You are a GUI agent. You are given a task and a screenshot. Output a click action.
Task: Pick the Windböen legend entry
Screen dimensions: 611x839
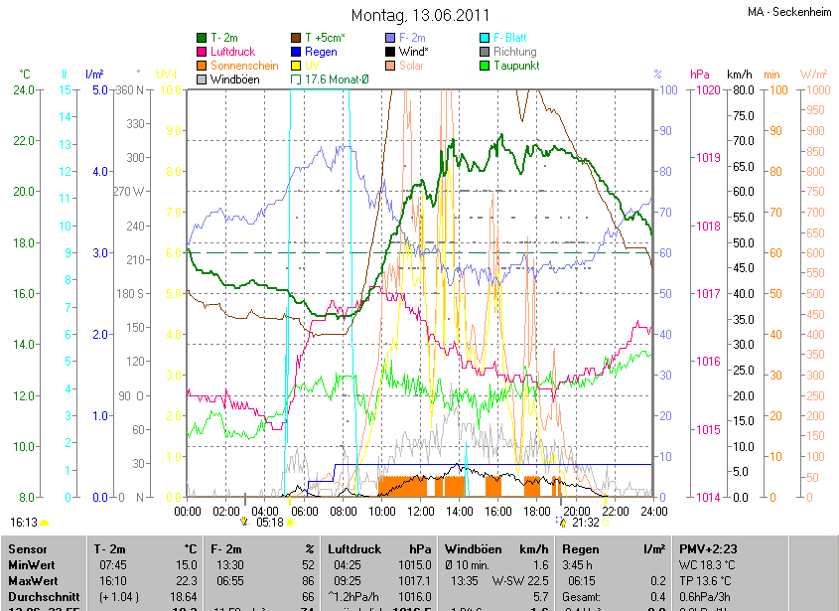click(237, 79)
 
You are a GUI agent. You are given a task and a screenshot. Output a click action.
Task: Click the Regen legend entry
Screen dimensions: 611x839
click(321, 52)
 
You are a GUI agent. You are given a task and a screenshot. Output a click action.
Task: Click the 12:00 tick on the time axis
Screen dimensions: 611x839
click(420, 512)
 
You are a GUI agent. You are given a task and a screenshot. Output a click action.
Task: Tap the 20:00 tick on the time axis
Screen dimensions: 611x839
click(575, 512)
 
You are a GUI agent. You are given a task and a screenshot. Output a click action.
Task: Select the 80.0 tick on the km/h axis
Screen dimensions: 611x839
click(740, 90)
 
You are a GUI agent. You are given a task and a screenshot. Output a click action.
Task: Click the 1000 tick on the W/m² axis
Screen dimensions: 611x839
click(814, 90)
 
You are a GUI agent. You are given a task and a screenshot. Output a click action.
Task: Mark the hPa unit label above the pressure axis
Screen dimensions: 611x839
click(700, 75)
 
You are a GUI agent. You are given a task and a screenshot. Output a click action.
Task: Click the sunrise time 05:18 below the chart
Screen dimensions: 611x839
click(270, 522)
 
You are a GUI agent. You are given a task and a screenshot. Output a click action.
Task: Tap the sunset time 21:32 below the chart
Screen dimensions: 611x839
click(585, 522)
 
